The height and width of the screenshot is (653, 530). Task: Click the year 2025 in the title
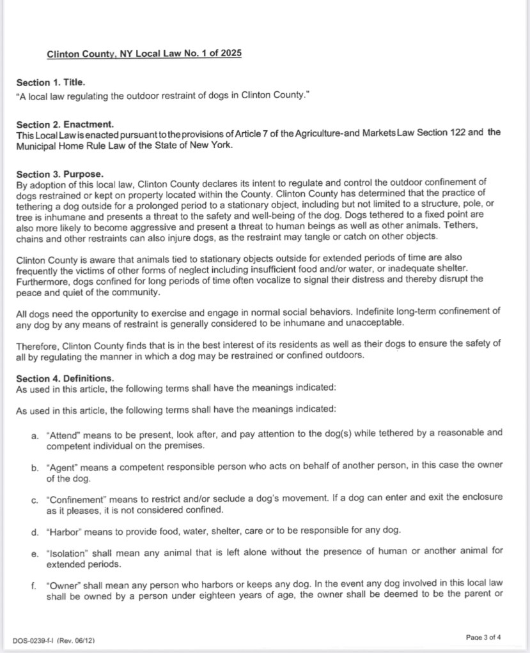point(229,54)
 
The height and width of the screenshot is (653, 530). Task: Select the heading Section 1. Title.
point(51,82)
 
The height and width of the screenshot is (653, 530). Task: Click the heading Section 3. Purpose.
point(55,174)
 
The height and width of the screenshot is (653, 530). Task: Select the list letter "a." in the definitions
point(35,434)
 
